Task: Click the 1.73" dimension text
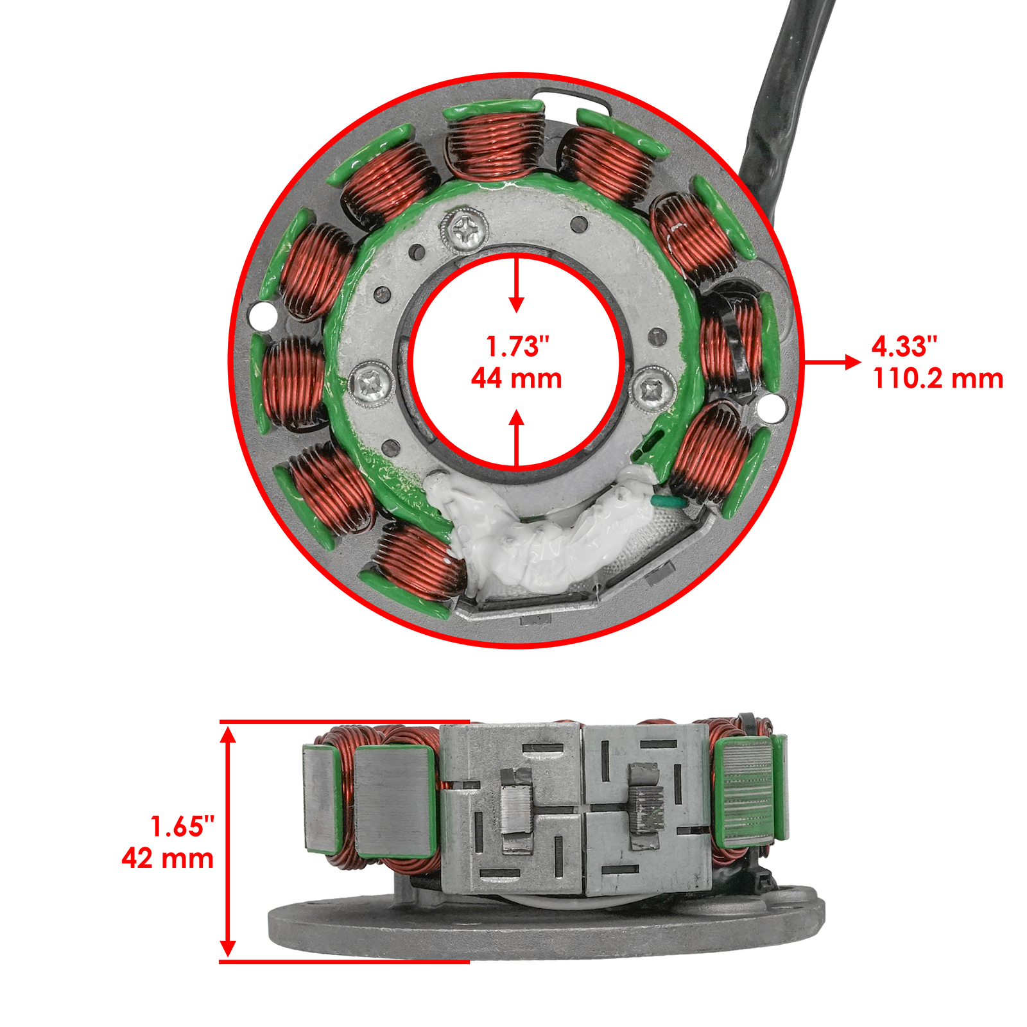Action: click(x=517, y=347)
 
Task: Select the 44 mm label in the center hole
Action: click(x=517, y=379)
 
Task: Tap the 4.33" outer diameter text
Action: click(x=904, y=347)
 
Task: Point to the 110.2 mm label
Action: click(x=938, y=379)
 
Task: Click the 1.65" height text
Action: click(x=182, y=826)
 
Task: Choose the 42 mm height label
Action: click(x=168, y=858)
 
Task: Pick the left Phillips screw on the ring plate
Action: click(x=372, y=384)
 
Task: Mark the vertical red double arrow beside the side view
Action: click(x=228, y=841)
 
